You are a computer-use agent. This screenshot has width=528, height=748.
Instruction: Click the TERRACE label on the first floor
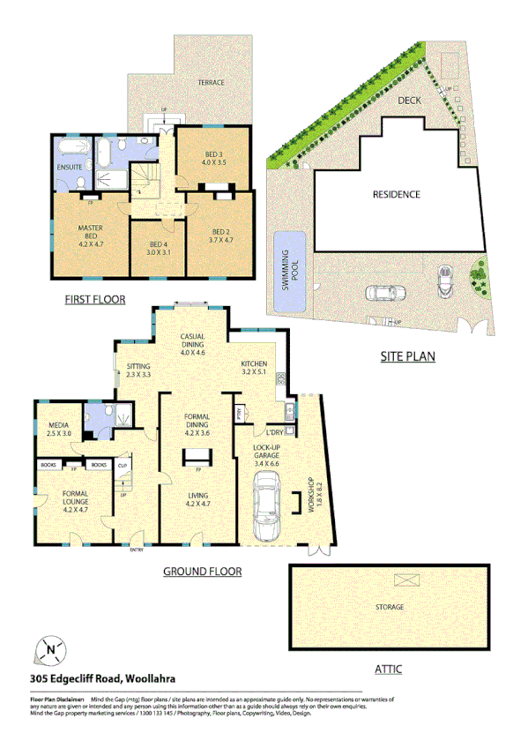point(211,83)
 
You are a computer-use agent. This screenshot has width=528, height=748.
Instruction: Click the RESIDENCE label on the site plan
point(396,195)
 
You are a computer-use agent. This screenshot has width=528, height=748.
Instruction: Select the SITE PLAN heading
point(408,357)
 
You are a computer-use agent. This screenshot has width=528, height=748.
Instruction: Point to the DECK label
point(409,101)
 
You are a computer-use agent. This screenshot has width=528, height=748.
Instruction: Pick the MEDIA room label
point(59,430)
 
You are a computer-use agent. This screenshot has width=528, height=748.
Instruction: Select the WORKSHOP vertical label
point(309,497)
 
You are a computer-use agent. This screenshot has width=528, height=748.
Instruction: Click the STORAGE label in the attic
point(389,607)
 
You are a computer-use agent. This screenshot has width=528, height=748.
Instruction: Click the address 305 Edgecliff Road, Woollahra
point(100,678)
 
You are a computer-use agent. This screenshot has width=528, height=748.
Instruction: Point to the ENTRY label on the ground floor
point(137,550)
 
